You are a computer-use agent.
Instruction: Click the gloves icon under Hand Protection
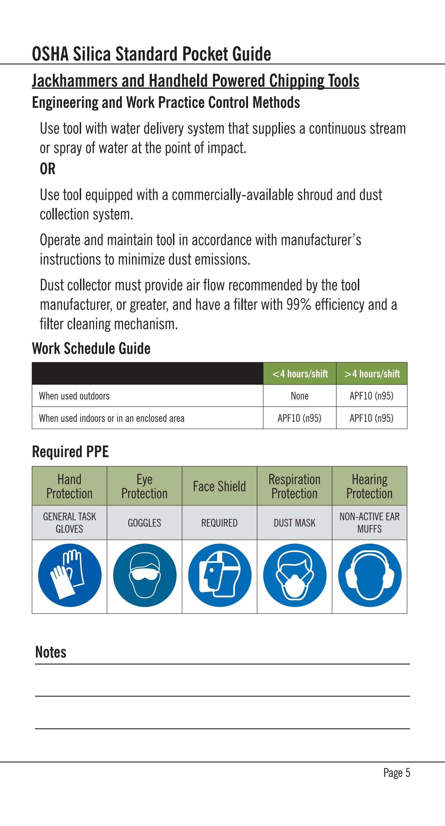coord(70,575)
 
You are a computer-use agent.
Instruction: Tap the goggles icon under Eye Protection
coord(145,575)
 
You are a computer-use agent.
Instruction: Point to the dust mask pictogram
coord(295,575)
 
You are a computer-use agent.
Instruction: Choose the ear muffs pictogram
coord(370,575)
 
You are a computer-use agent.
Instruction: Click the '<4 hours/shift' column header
coord(300,374)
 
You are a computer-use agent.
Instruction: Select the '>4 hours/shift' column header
coord(372,374)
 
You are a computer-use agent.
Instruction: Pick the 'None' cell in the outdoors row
coord(300,396)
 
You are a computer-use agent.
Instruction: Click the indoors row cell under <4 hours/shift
coord(300,418)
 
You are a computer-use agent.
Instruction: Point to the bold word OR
coord(47,169)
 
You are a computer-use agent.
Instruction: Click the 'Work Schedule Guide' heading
coord(91,348)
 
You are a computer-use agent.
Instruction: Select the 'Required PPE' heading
coord(70,452)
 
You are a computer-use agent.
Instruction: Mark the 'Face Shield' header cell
coord(219,486)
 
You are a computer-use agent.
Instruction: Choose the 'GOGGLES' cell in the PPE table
coord(144,523)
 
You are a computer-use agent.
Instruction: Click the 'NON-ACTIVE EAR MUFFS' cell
coord(370,523)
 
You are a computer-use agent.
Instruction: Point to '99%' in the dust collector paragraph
coord(299,305)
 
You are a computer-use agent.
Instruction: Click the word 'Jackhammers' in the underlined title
coord(74,81)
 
